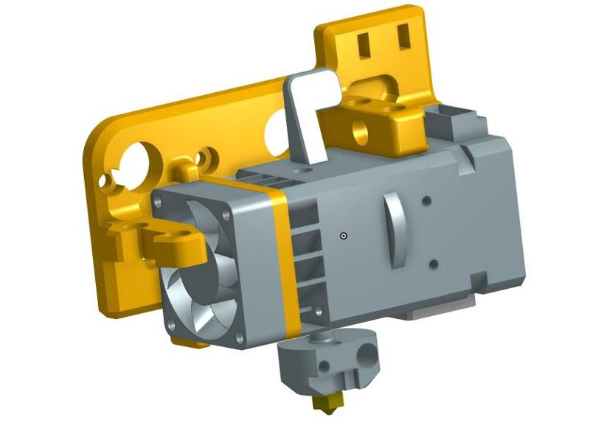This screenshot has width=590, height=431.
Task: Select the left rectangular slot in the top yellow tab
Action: [x=364, y=42]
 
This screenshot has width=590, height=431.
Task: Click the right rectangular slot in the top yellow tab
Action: [x=403, y=34]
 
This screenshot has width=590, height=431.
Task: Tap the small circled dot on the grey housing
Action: [x=344, y=236]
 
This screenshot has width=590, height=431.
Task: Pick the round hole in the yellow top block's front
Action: [x=361, y=131]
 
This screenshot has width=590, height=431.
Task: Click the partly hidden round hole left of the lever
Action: [x=277, y=131]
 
